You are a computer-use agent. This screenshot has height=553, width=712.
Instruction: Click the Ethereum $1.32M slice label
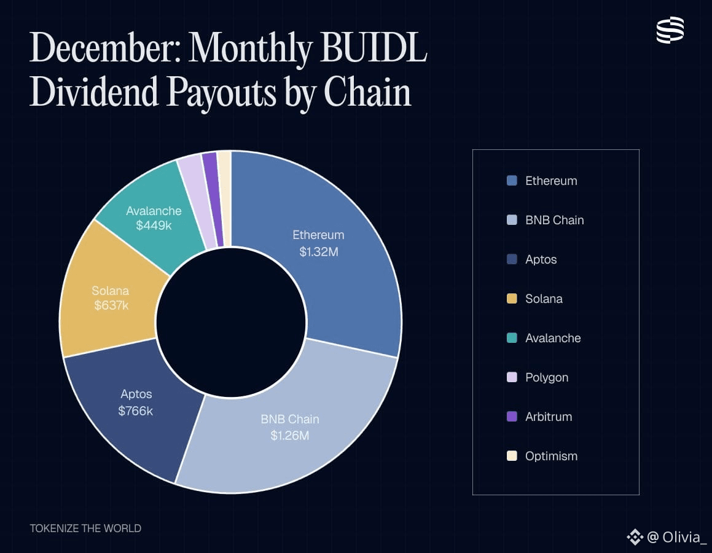pyautogui.click(x=318, y=243)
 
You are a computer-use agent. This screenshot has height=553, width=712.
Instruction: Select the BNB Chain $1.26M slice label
pyautogui.click(x=289, y=427)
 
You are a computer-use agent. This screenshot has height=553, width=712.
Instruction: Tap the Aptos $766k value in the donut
pyautogui.click(x=136, y=410)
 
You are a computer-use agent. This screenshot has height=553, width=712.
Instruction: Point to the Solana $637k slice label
pyautogui.click(x=111, y=297)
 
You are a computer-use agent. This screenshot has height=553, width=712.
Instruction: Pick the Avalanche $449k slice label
pyautogui.click(x=154, y=218)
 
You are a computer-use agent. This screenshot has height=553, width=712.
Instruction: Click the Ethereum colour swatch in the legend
pyautogui.click(x=512, y=181)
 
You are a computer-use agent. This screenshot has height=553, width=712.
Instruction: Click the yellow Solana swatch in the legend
pyautogui.click(x=512, y=299)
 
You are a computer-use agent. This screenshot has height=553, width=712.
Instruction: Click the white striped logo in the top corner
pyautogui.click(x=670, y=30)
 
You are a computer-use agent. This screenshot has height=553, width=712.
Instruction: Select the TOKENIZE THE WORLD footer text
pyautogui.click(x=85, y=528)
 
